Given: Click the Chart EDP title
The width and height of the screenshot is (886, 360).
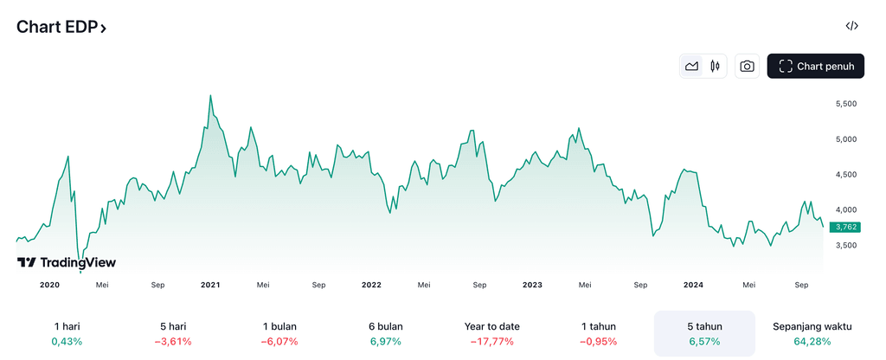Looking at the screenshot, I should point(61,27).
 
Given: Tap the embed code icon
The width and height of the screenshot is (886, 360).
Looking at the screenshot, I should point(851,26).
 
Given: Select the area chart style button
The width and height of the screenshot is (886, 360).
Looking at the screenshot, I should point(691,66).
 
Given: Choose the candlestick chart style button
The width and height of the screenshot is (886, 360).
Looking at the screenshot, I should point(715,66).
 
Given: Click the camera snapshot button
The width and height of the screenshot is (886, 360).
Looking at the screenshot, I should point(747,66).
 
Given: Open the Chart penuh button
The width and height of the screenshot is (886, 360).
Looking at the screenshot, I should point(815,66).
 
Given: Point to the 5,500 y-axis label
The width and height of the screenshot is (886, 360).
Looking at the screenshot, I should point(844,104).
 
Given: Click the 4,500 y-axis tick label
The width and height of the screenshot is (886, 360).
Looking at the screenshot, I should point(844,175).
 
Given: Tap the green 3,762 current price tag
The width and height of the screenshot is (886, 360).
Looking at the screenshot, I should point(844,228).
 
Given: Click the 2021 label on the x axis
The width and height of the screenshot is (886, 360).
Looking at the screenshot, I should point(210,284).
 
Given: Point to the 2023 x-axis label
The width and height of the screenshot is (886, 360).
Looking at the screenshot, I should point(532,284).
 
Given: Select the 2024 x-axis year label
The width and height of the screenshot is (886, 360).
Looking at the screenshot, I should point(693,284).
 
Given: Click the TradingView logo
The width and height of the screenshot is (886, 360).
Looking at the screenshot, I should point(67,262).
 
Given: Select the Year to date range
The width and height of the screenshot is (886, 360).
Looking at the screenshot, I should point(491,326).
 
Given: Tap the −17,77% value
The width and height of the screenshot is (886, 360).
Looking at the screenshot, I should point(491,342).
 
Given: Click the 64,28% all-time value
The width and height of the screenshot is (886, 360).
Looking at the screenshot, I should point(812,342).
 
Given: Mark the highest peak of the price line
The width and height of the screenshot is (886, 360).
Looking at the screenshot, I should point(210,96).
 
